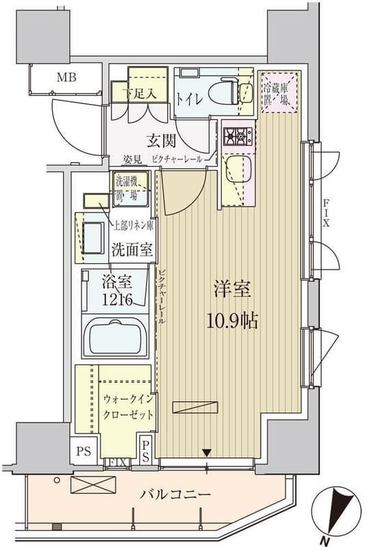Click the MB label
click(x=66, y=77)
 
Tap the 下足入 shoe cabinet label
click(x=139, y=94)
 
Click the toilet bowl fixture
click(x=225, y=93)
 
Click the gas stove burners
click(x=238, y=137)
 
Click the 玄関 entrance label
click(x=162, y=141)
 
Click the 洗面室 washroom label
click(x=132, y=250)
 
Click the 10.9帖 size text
click(x=233, y=321)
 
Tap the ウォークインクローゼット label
click(x=128, y=406)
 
